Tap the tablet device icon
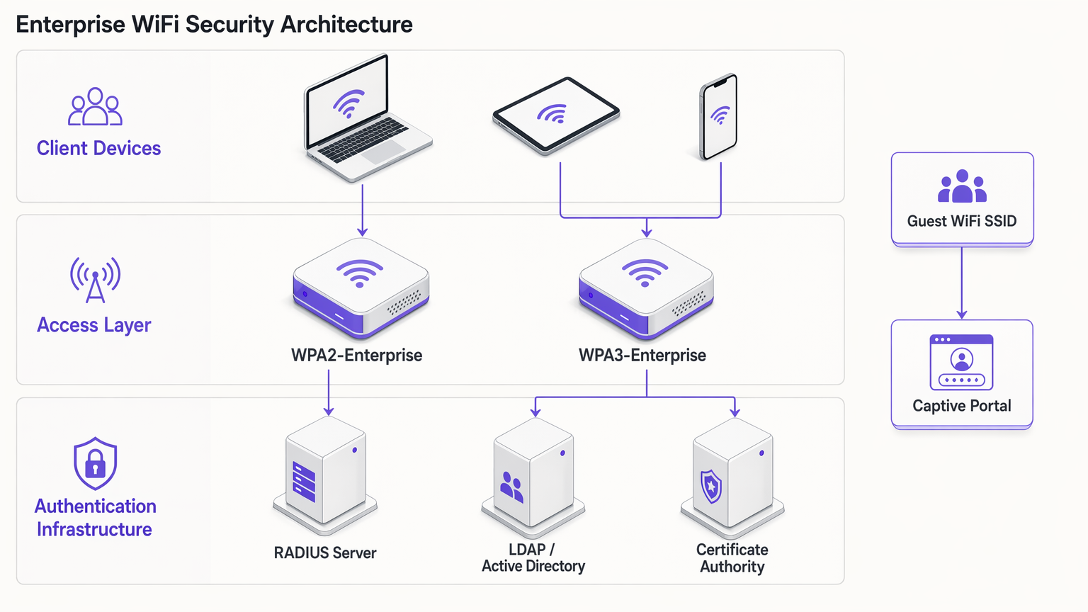pyautogui.click(x=556, y=116)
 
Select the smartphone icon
pyautogui.click(x=719, y=117)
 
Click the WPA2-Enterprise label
pyautogui.click(x=356, y=355)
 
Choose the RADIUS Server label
pyautogui.click(x=325, y=552)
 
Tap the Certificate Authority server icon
pyautogui.click(x=732, y=476)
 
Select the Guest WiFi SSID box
pyautogui.click(x=962, y=199)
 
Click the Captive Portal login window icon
pyautogui.click(x=961, y=362)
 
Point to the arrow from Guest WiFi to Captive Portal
pyautogui.click(x=962, y=283)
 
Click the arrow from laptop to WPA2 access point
pyautogui.click(x=363, y=210)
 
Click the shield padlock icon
pyautogui.click(x=95, y=463)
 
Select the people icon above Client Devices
pyautogui.click(x=95, y=107)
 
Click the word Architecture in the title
pyautogui.click(x=346, y=25)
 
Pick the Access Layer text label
pyautogui.click(x=94, y=325)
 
